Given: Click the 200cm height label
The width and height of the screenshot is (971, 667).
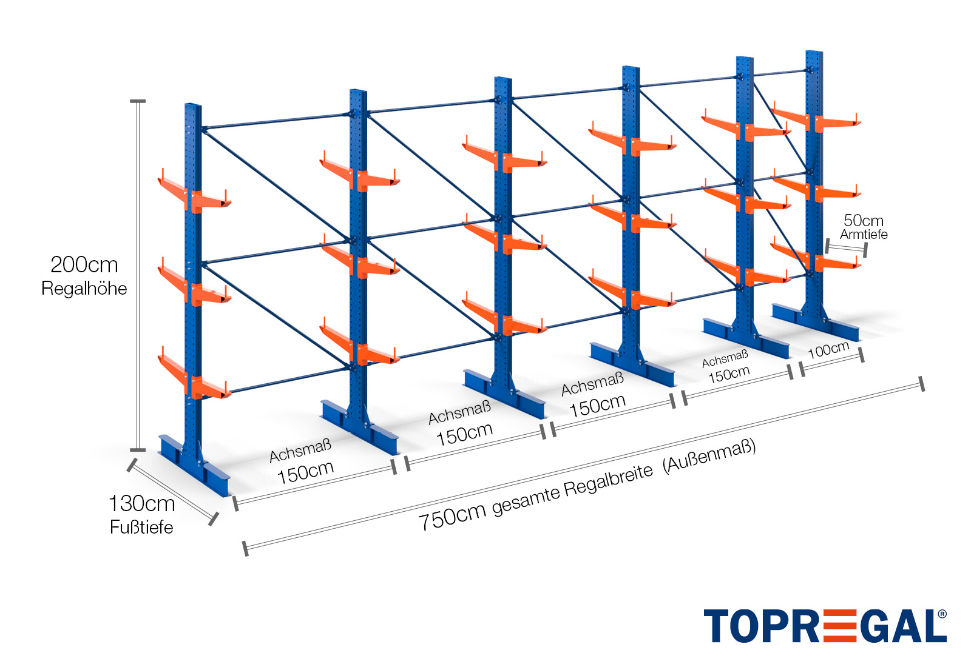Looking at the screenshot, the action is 84,265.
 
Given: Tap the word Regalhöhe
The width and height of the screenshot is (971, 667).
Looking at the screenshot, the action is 84,289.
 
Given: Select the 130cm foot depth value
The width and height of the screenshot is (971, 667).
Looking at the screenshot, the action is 141,503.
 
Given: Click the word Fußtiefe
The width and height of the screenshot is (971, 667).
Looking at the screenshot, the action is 141,527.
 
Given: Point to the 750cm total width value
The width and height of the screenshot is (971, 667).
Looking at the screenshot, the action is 452,516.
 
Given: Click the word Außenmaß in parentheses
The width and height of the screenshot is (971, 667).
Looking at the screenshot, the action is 709,456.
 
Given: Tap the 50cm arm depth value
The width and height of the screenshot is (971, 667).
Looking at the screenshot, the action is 864,220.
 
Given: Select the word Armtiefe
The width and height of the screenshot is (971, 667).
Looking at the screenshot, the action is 864,235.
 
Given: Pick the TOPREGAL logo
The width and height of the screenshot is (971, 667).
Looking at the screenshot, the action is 825,626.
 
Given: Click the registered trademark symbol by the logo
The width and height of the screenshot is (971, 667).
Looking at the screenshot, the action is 942,614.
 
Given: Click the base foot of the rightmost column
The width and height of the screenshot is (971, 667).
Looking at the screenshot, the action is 815,322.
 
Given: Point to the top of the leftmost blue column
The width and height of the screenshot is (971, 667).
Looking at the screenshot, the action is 193,106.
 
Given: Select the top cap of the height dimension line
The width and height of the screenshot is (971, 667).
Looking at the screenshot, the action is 138,101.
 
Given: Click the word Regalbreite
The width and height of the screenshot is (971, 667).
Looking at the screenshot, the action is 608,481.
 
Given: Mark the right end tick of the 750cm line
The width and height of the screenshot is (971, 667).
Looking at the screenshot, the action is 921,384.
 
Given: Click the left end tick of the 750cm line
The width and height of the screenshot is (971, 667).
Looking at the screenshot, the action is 245,548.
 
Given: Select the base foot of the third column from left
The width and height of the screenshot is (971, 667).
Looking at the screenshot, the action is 504,394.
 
